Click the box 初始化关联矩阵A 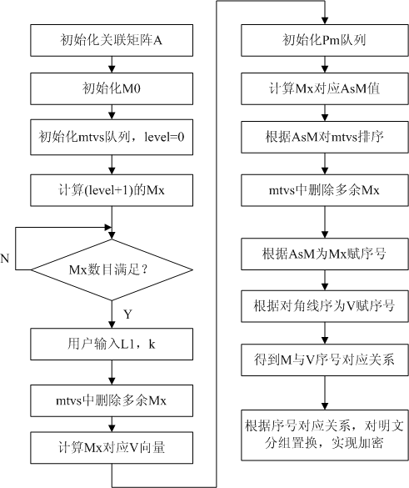[112, 41]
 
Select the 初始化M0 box [112, 88]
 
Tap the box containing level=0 [112, 138]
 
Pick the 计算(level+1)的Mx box [112, 190]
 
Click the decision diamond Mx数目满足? [112, 269]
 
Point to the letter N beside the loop [5, 259]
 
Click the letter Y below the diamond [127, 314]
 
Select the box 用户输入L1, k [112, 345]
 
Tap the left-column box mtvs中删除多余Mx [112, 400]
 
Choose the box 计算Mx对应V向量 [112, 447]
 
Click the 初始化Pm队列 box [325, 41]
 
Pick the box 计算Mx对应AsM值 [325, 88]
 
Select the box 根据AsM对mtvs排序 [325, 138]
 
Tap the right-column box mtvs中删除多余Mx [325, 190]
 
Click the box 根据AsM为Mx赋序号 [325, 254]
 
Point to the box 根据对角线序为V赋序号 [325, 306]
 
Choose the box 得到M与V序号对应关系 [325, 360]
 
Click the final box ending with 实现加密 [325, 435]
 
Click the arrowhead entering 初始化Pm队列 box [325, 21]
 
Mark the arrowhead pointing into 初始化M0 [112, 69]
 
